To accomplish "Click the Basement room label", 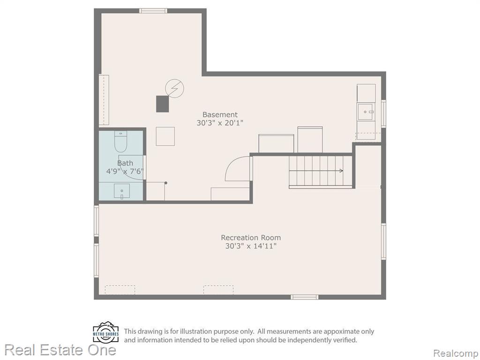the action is [220, 115].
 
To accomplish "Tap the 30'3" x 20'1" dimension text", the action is [220, 123].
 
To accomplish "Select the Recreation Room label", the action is [251, 238].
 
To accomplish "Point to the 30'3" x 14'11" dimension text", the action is [251, 246].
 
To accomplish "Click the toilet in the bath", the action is [120, 142].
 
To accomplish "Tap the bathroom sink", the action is [121, 191].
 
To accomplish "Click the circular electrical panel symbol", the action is [175, 89].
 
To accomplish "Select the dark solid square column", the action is [163, 104].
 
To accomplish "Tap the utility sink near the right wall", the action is [366, 112].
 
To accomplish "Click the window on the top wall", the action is [153, 11].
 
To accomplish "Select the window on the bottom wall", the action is [304, 297].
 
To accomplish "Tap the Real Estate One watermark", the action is [60, 350].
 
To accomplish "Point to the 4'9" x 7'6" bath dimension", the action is [125, 171].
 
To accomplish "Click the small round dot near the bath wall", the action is [166, 183].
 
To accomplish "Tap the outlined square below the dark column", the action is [165, 136].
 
